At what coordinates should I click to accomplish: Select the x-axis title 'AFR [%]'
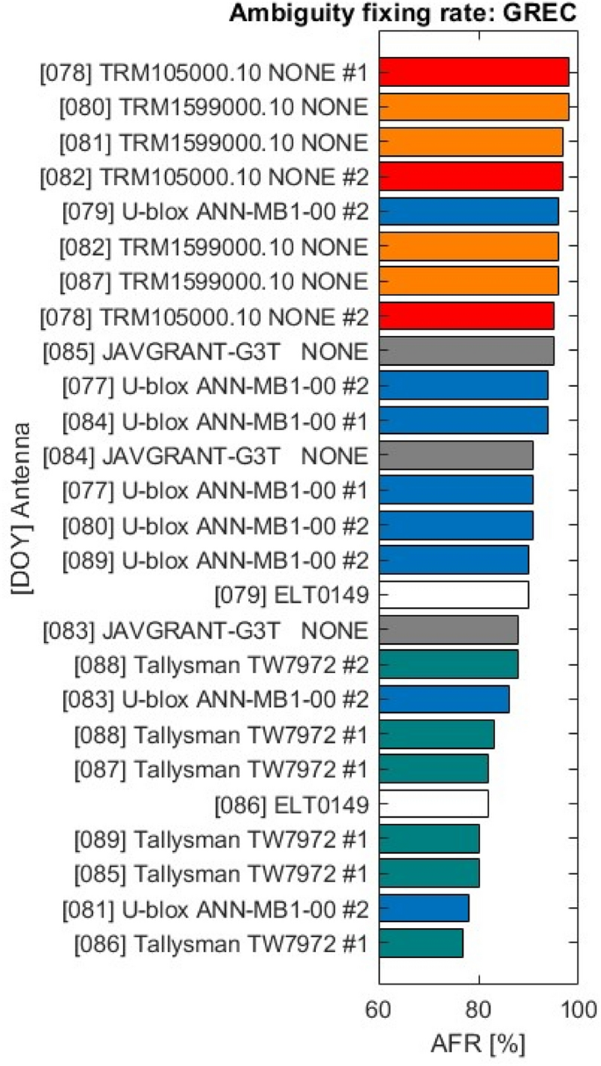[x=478, y=1044]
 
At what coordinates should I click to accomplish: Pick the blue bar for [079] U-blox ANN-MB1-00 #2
[x=469, y=211]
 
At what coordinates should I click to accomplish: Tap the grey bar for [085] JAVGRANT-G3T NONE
[x=466, y=351]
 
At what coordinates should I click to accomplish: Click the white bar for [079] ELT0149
[x=454, y=595]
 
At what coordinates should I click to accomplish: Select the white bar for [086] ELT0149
[x=433, y=803]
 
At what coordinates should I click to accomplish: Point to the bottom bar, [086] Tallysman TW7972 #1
[x=421, y=942]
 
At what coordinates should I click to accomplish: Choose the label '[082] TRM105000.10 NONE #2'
[x=204, y=176]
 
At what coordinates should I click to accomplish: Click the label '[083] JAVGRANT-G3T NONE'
[x=204, y=630]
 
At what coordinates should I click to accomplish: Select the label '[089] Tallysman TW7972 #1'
[x=220, y=839]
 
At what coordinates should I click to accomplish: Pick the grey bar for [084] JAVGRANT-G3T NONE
[x=456, y=455]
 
